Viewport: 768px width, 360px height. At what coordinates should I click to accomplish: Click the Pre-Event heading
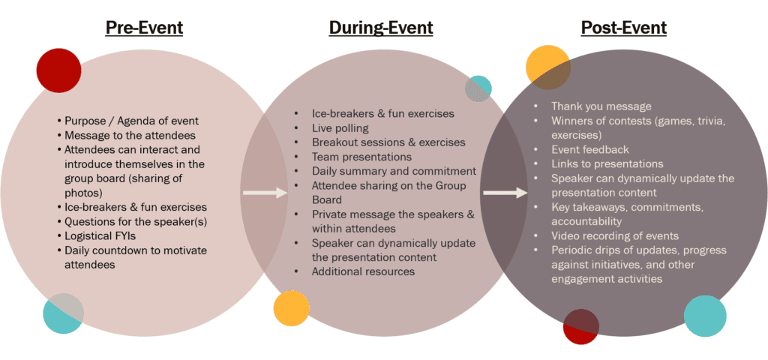tap(144, 28)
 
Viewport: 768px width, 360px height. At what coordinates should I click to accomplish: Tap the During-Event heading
tap(380, 28)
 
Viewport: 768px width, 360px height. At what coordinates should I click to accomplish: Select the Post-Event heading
tap(623, 28)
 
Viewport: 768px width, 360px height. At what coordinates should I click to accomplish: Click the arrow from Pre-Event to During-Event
tap(265, 193)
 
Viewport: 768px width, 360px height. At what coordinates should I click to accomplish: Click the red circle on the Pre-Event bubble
tap(58, 70)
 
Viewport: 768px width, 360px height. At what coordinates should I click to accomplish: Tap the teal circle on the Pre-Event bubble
tap(63, 313)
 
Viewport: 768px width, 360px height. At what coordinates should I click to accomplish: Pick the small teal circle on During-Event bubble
tap(478, 88)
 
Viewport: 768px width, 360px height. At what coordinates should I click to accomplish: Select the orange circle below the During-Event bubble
tap(292, 307)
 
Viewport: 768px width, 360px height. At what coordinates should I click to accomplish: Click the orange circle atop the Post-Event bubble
tap(547, 66)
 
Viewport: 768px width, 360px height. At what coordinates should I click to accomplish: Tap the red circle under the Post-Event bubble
tap(581, 326)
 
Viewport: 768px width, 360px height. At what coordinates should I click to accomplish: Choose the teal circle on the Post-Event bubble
tap(705, 316)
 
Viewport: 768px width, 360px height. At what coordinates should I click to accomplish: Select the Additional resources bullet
tap(363, 271)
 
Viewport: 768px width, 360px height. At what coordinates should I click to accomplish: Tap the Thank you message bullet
tap(601, 106)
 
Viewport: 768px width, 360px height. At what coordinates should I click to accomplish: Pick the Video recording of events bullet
tap(614, 235)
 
